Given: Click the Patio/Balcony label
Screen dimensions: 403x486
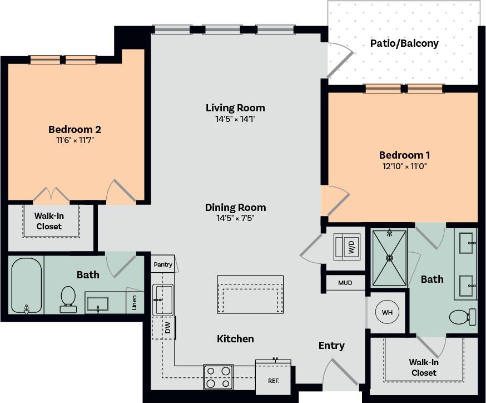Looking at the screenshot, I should [x=404, y=43].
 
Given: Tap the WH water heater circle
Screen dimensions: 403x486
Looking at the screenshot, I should [x=387, y=313].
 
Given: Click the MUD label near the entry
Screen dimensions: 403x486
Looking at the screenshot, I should [x=345, y=283].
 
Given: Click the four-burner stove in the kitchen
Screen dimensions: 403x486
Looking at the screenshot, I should [x=218, y=377].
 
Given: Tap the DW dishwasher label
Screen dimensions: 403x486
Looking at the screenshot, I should [x=167, y=328].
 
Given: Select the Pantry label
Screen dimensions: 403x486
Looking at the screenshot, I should [x=163, y=264].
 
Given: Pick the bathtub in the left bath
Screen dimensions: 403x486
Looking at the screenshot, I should [x=27, y=285].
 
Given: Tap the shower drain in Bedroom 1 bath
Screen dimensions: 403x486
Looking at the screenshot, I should [x=389, y=258].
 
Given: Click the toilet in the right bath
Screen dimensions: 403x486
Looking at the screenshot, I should [x=462, y=317].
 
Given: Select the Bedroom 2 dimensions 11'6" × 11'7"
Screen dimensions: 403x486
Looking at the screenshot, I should [x=74, y=140].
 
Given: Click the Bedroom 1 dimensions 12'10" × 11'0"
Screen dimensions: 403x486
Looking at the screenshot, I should [x=404, y=166].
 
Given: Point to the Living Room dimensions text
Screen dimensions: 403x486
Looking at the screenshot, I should [x=235, y=119].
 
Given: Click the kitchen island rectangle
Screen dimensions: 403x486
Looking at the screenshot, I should [x=250, y=294].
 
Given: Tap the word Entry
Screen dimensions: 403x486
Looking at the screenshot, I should [x=331, y=346].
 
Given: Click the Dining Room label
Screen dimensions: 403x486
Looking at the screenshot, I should [x=235, y=207].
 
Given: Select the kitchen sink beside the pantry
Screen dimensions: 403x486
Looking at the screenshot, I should [x=162, y=299].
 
